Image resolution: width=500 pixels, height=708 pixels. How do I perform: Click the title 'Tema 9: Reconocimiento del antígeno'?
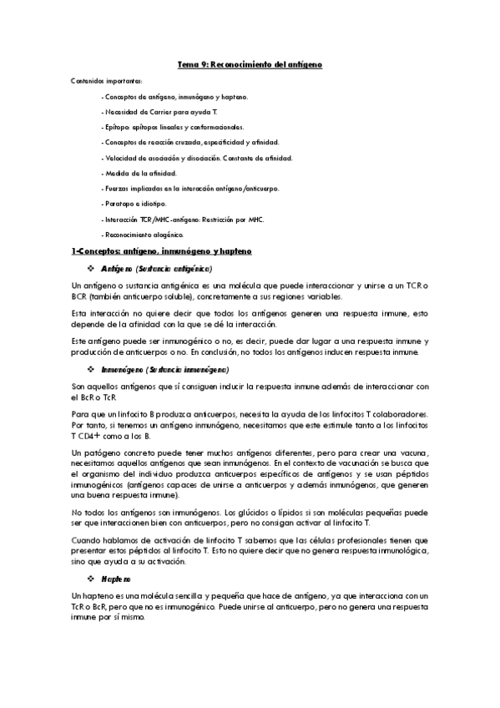[250, 64]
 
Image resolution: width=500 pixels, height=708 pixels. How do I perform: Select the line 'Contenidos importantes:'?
[107, 81]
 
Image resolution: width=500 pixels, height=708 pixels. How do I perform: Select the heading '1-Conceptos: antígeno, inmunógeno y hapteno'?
[161, 250]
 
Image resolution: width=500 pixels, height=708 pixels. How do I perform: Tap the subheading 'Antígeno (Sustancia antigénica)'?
[156, 270]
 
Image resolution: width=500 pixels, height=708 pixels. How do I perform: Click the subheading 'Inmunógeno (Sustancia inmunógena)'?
[164, 369]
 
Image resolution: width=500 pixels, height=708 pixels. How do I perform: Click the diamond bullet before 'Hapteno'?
[91, 578]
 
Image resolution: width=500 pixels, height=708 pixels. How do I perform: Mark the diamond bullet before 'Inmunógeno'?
[91, 369]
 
